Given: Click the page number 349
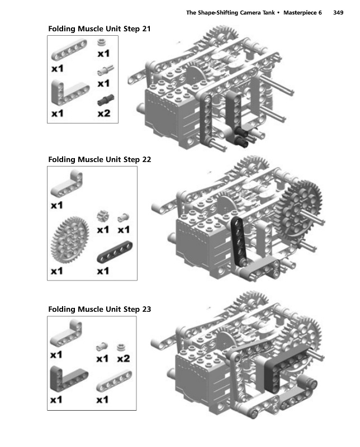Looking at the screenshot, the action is point(338,12).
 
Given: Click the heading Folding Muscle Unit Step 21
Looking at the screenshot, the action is point(100,29).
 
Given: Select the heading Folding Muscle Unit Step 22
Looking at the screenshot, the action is point(100,159).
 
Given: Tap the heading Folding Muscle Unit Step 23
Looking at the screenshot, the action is point(100,310).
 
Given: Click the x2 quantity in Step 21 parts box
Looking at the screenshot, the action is point(104,113).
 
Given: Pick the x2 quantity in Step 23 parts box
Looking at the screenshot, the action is point(124,358).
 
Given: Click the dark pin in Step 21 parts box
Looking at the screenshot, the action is point(106,100).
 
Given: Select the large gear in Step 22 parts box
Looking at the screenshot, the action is point(70,240).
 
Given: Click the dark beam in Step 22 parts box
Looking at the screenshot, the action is point(115,251).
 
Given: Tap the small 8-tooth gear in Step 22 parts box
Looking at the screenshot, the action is point(103,216).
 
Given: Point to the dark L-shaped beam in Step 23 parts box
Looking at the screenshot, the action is point(68,378).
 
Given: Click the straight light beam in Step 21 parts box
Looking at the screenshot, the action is point(69,50).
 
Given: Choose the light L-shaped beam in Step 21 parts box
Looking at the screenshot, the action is point(69,92).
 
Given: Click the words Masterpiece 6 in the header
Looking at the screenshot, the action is point(302,12).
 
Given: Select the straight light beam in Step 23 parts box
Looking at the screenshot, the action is point(114,381).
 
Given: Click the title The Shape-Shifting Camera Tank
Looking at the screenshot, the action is point(230,12).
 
